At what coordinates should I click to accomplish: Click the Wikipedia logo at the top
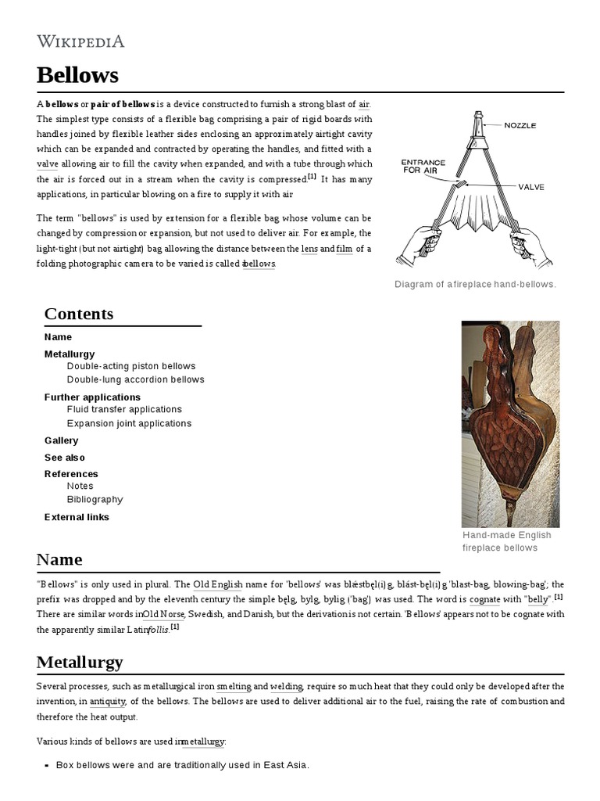pos(80,41)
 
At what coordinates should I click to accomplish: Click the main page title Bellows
pos(77,75)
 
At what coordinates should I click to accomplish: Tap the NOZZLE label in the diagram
pos(520,125)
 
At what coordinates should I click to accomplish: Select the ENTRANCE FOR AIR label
pos(423,166)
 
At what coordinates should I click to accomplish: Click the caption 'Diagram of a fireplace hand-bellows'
pos(475,284)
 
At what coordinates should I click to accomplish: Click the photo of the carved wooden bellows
pos(510,423)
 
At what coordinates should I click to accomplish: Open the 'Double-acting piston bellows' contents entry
pos(131,366)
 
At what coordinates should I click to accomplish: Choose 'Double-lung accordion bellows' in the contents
pos(135,379)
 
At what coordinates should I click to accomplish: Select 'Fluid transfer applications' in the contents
pos(124,409)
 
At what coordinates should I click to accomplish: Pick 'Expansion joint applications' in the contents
pos(129,423)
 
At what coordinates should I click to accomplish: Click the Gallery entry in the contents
pos(61,440)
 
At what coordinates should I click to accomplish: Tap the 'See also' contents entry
pos(64,458)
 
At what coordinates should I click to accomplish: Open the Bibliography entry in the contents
pos(95,499)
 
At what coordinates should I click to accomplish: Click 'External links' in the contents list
pos(77,517)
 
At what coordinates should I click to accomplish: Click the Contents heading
pos(78,314)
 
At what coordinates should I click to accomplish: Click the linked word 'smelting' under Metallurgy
pos(234,687)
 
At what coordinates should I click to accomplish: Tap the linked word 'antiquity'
pos(108,702)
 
